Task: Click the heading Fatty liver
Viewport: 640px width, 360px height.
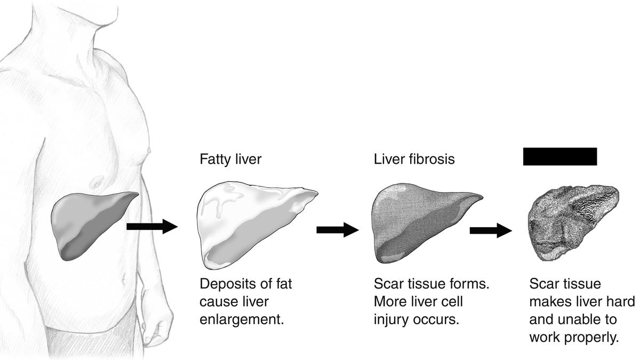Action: (x=231, y=159)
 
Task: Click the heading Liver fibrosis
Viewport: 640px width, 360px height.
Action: (x=413, y=159)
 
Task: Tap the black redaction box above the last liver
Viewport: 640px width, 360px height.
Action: (x=559, y=156)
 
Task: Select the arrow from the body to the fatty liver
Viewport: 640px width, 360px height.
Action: (x=151, y=226)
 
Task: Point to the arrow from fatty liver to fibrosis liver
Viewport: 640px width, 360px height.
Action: (x=337, y=230)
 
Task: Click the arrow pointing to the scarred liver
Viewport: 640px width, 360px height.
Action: (x=490, y=230)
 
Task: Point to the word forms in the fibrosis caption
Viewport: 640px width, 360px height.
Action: (x=471, y=284)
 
